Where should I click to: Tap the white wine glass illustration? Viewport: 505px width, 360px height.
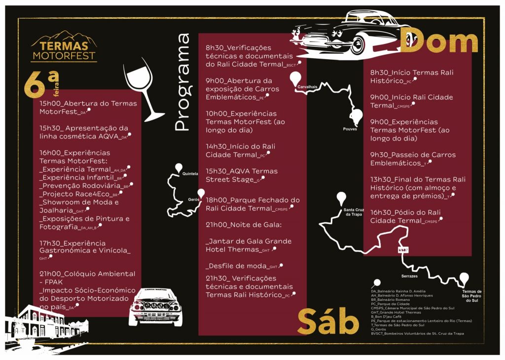(x=144, y=90)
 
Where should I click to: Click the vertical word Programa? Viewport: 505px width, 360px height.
(x=182, y=82)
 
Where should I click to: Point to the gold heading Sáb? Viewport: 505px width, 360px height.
(x=327, y=321)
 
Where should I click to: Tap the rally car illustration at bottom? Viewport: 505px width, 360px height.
(x=156, y=307)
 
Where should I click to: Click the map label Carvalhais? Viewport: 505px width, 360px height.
(x=307, y=86)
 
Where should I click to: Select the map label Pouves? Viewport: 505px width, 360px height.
(x=350, y=129)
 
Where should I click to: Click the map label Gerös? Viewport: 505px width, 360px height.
(x=193, y=199)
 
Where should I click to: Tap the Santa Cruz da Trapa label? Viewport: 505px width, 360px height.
(x=353, y=212)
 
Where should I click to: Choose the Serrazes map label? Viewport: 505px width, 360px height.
(x=409, y=276)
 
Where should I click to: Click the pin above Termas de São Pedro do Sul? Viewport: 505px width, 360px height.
(x=464, y=279)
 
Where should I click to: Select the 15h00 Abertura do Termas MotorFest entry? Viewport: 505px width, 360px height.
(x=88, y=108)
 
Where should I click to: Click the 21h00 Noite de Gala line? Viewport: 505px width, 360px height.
(x=243, y=225)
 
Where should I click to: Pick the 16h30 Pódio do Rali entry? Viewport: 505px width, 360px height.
(x=405, y=216)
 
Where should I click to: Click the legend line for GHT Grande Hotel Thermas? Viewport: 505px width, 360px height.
(x=396, y=312)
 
